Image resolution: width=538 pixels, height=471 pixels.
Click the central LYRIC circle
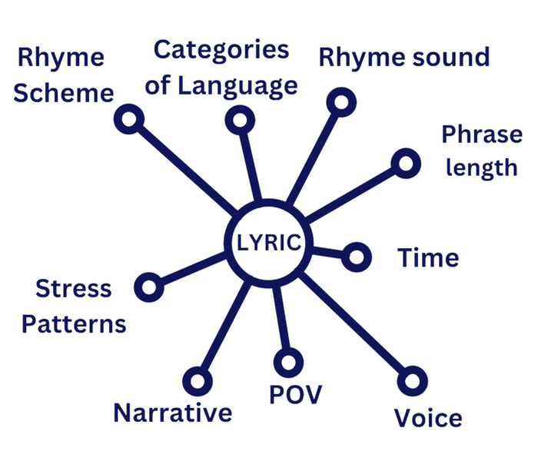[267, 243]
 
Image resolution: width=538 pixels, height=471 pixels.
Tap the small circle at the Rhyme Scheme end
[129, 118]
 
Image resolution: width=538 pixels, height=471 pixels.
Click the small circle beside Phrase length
[406, 162]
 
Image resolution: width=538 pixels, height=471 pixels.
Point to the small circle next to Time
[356, 256]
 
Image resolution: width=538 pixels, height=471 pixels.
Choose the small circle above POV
[288, 362]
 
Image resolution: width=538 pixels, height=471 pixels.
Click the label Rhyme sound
[403, 58]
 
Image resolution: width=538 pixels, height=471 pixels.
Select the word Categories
[221, 51]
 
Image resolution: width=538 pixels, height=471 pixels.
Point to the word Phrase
[481, 136]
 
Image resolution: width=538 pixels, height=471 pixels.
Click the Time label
[428, 258]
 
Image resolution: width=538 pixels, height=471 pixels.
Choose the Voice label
[428, 419]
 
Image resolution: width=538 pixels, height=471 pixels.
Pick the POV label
[296, 395]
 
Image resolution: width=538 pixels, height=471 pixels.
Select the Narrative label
[172, 413]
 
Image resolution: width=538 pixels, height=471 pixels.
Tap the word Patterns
[74, 324]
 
